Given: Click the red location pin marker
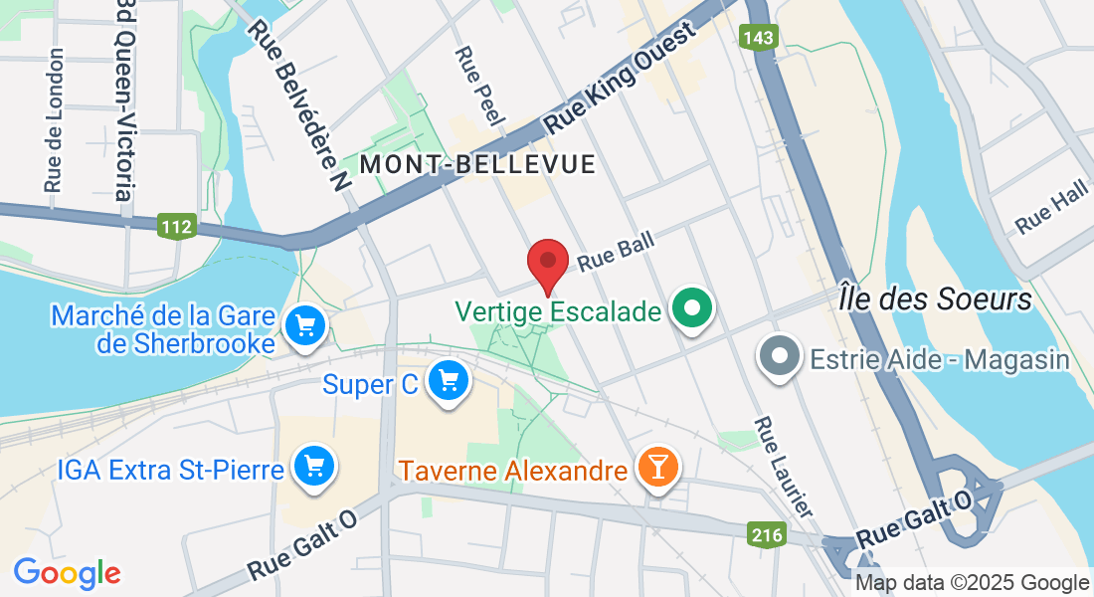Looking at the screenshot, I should pos(547,264).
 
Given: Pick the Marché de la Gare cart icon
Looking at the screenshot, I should pos(304,325).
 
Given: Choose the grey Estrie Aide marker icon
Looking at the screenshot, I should pos(780,356).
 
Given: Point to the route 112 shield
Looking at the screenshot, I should pos(175,227).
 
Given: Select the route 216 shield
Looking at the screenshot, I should pos(766,535).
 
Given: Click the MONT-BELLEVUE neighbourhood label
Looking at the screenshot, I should pos(477,164).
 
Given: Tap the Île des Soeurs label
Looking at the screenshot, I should pos(935,298).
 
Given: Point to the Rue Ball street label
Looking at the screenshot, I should pos(615,255).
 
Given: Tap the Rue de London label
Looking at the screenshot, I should pos(54,119).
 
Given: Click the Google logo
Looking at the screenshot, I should pos(67,573).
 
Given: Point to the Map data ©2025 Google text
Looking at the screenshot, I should pos(973,583).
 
